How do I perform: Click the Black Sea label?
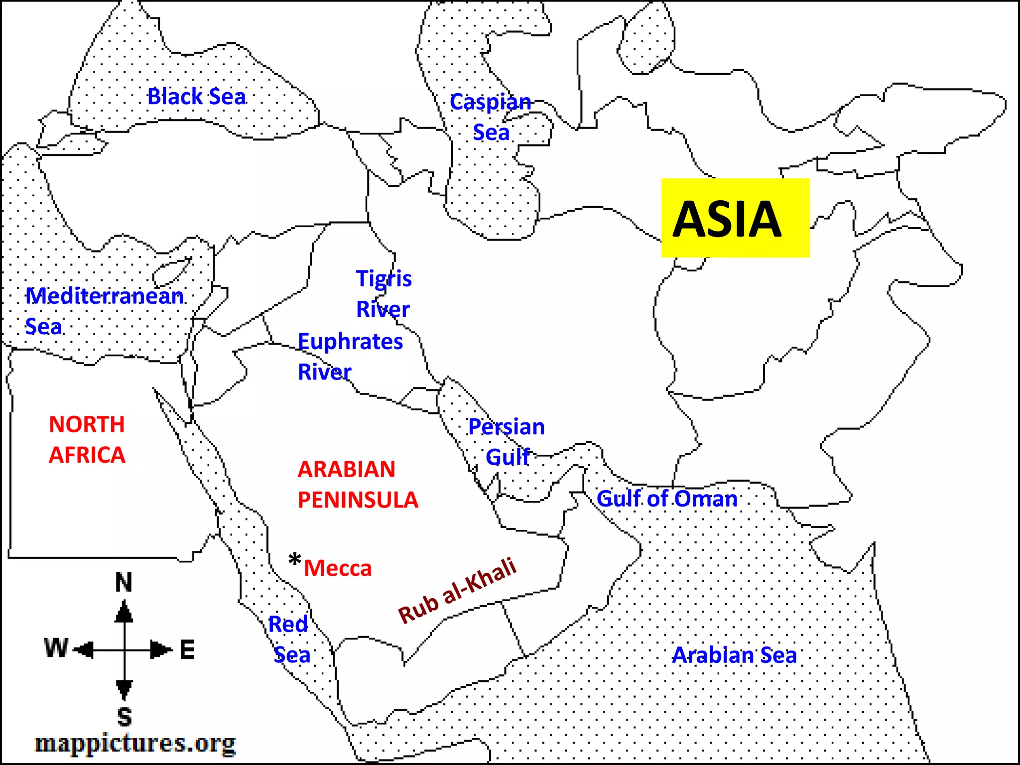(x=197, y=97)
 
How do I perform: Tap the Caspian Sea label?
(x=491, y=117)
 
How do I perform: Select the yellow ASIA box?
(x=735, y=218)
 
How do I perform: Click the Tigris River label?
(x=383, y=294)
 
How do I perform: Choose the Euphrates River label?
(x=350, y=357)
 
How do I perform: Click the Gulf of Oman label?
(x=667, y=499)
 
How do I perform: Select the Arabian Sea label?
(x=735, y=655)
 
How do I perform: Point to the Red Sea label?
(x=289, y=639)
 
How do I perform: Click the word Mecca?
(x=338, y=568)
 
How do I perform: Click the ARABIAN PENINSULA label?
(x=358, y=485)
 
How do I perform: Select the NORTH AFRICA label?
(x=87, y=440)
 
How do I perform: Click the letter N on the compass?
(x=124, y=582)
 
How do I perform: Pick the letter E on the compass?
(x=187, y=650)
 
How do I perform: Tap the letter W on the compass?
(x=56, y=648)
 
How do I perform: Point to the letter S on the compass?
(x=125, y=717)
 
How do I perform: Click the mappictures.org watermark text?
(x=135, y=743)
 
